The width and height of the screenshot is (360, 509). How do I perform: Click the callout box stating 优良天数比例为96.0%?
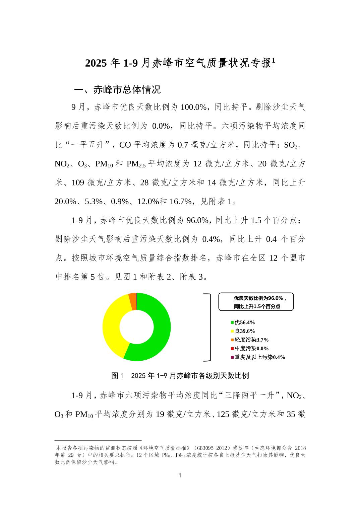click(x=256, y=302)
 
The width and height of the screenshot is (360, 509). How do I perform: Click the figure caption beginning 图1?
click(x=180, y=375)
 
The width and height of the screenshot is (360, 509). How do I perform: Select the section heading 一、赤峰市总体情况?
click(x=117, y=90)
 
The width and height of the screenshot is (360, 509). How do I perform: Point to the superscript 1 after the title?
click(x=274, y=60)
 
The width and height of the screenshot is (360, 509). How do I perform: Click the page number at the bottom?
click(x=180, y=476)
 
